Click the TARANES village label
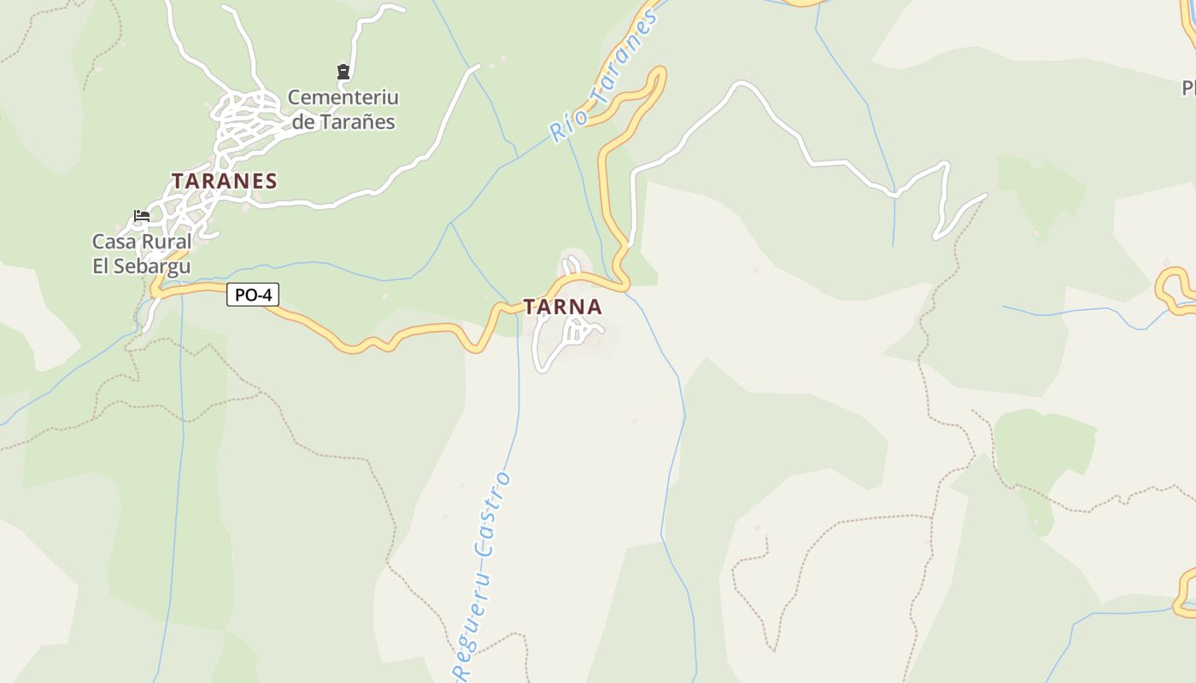[224, 181]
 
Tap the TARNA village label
[562, 306]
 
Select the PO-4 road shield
[253, 295]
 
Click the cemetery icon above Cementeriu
[343, 72]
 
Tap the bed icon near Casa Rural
[142, 216]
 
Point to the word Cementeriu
[343, 97]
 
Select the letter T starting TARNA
[530, 306]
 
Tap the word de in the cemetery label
[303, 122]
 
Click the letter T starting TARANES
[178, 181]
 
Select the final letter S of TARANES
[271, 181]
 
